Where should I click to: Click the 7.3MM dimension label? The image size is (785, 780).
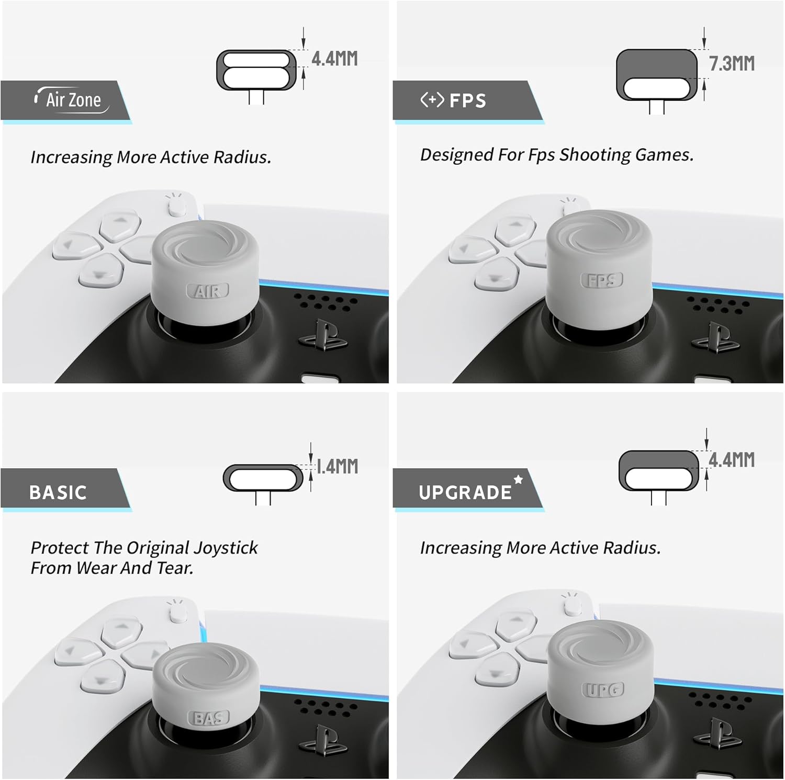(x=732, y=64)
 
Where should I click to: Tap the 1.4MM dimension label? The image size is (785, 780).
(x=338, y=466)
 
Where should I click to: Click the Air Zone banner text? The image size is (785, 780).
(x=73, y=99)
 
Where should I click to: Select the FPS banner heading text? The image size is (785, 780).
(x=468, y=100)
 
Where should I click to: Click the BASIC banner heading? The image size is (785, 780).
(x=58, y=492)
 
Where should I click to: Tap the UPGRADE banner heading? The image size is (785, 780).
(x=465, y=492)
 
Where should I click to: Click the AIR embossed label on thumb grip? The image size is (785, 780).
(x=208, y=291)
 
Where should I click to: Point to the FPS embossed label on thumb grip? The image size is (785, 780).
(x=602, y=280)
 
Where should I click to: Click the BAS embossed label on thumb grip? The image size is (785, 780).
(x=209, y=718)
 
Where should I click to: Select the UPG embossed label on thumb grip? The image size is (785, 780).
(x=603, y=690)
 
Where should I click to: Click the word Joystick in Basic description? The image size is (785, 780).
(x=226, y=548)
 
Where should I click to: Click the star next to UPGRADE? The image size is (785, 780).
(x=518, y=479)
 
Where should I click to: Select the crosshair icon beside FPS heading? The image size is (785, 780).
(x=432, y=99)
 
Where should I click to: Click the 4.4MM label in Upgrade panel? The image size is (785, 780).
(x=732, y=460)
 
